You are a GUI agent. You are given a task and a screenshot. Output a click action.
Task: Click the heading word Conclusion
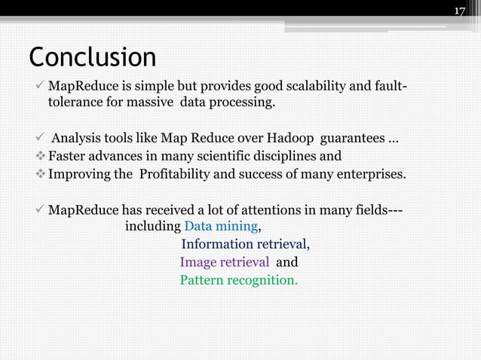93,57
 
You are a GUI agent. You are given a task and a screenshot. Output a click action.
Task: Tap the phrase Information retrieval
245,244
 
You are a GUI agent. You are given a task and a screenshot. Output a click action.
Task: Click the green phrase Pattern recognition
238,281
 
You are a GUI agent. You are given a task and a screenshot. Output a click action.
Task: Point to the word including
152,226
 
